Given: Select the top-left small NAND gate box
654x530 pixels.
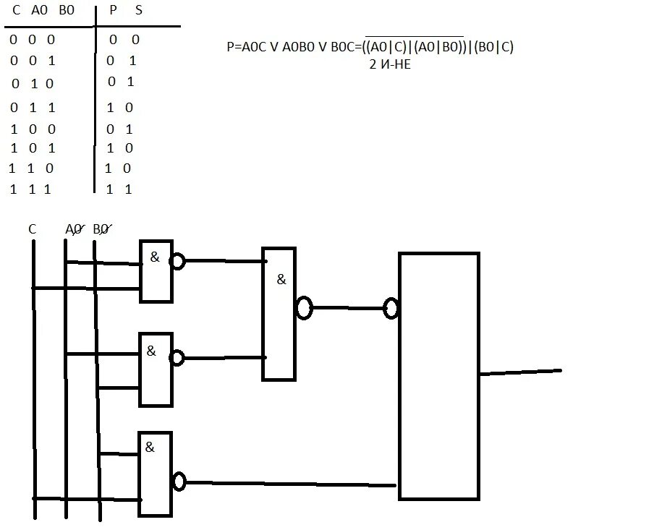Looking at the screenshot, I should [156, 270].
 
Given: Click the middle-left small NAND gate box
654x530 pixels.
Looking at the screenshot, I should [156, 369].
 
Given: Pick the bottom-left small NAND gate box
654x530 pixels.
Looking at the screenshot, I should [156, 474].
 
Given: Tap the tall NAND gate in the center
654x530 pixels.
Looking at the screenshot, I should [279, 314].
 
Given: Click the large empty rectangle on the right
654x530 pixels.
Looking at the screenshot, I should [439, 376].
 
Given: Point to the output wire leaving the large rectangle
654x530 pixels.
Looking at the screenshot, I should [521, 372].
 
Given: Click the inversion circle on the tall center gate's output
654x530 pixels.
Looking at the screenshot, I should [304, 309].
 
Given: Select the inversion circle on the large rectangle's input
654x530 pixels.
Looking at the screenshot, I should [391, 309].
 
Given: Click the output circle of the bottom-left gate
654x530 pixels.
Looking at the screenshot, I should [179, 482].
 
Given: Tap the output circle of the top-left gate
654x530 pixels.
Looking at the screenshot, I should [177, 261].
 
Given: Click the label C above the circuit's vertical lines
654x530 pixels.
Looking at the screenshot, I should [33, 229].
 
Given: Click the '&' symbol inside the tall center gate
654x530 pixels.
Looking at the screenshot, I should [281, 280].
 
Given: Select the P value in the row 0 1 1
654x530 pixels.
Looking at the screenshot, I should [110, 108].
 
